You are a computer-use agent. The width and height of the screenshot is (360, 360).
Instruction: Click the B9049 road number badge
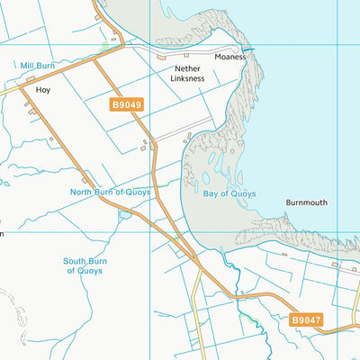pyautogui.click(x=127, y=105)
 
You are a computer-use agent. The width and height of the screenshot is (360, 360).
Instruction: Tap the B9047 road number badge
pyautogui.click(x=306, y=319)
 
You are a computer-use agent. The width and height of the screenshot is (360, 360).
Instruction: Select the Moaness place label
pyautogui.click(x=229, y=57)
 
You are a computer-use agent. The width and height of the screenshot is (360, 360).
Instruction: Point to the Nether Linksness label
pyautogui.click(x=187, y=73)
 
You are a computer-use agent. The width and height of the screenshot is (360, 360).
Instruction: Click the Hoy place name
pyautogui.click(x=42, y=91)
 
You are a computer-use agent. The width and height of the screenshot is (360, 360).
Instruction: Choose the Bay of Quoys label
pyautogui.click(x=229, y=193)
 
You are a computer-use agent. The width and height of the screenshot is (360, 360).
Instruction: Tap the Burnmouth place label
pyautogui.click(x=307, y=202)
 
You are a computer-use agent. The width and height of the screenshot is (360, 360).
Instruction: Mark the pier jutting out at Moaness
pyautogui.click(x=246, y=49)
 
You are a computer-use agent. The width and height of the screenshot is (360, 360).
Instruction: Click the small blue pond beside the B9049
pyautogui.click(x=123, y=214)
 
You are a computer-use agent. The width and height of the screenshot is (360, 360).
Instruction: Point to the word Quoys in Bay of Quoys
pyautogui.click(x=242, y=193)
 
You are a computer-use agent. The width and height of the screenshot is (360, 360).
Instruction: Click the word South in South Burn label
pyautogui.click(x=76, y=261)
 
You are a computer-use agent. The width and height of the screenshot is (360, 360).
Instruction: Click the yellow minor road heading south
pyautogui.click(x=193, y=306)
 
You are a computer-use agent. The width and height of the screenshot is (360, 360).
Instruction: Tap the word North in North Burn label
pyautogui.click(x=84, y=192)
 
